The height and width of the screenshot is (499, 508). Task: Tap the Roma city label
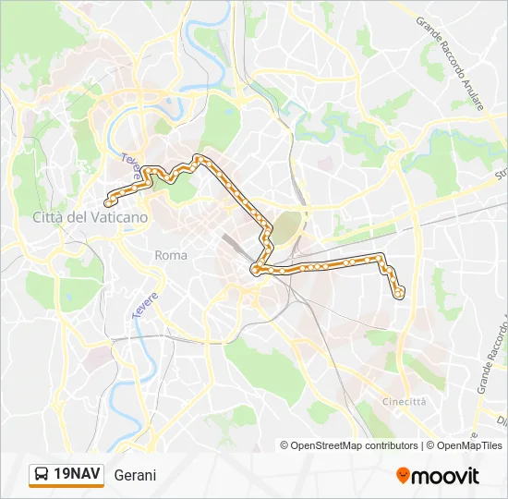171,255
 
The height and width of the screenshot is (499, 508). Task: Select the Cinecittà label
405,401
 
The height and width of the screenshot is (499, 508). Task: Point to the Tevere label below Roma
145,306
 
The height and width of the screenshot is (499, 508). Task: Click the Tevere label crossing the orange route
131,167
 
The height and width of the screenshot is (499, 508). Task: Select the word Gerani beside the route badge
136,476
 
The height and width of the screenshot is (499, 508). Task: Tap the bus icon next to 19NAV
42,475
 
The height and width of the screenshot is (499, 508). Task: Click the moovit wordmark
446,475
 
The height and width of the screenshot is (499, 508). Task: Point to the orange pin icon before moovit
403,475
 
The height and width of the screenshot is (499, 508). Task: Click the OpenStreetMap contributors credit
349,445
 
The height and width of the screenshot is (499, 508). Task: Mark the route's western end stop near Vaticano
109,202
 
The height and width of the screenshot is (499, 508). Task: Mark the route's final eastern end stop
399,294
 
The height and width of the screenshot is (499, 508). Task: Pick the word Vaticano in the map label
116,217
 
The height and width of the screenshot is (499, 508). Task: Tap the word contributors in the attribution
391,445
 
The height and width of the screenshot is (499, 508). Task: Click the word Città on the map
48,217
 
